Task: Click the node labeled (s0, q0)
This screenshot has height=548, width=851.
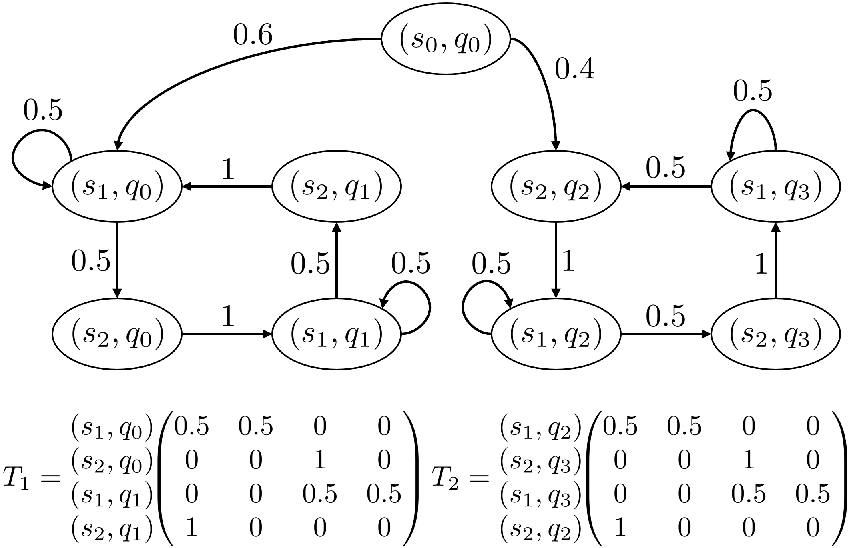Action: (x=446, y=39)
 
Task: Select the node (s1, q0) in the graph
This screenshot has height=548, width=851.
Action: (x=117, y=186)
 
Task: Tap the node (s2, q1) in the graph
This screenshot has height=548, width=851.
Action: (x=337, y=186)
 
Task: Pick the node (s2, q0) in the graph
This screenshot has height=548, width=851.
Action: (x=117, y=334)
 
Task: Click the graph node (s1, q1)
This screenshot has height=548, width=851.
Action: (x=337, y=334)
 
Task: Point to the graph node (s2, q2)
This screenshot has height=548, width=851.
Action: (x=556, y=186)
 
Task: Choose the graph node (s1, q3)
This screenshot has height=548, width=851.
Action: (x=776, y=186)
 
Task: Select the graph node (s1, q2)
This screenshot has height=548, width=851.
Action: (x=556, y=334)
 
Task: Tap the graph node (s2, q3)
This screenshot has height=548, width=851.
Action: (x=776, y=334)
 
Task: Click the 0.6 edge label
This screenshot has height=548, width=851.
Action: (x=253, y=35)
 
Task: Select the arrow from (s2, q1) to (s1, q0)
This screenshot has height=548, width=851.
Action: (x=227, y=186)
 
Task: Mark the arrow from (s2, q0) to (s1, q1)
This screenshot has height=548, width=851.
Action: (x=227, y=334)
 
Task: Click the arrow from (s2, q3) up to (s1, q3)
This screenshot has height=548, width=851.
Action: (x=776, y=260)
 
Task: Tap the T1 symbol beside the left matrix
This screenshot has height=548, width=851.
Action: (x=16, y=478)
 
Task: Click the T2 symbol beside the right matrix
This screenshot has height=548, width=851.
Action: (x=445, y=478)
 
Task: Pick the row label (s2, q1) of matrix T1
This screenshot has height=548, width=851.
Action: (x=112, y=528)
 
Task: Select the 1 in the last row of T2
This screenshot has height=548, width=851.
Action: (x=620, y=528)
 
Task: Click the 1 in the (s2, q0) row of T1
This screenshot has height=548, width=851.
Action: (x=319, y=460)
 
